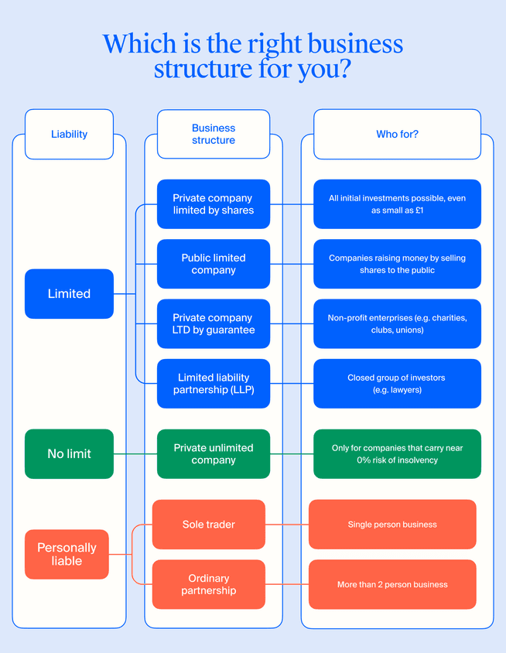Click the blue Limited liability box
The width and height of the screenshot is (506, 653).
[69, 294]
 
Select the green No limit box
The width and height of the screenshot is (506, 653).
[69, 454]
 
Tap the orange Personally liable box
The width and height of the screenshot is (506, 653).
[67, 554]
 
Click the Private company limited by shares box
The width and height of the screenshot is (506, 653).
[214, 204]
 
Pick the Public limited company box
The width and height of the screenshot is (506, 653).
[214, 264]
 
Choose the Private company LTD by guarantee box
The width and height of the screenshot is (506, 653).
[214, 323]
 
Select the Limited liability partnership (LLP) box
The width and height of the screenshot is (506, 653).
[214, 384]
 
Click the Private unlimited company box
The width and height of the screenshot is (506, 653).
[214, 454]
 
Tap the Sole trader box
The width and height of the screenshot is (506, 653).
[209, 525]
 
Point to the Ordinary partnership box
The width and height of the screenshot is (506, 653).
[209, 584]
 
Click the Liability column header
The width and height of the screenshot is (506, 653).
[69, 134]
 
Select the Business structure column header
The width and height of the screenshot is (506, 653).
[214, 134]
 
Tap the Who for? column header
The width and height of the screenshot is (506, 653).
[397, 134]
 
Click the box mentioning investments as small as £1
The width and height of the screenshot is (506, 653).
[397, 204]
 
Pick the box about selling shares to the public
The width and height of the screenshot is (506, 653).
[397, 264]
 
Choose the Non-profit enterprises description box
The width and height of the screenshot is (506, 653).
[397, 323]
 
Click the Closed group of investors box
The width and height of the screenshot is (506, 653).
[397, 384]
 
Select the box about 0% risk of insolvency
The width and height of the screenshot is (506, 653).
[397, 454]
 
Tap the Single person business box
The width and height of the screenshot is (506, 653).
[392, 525]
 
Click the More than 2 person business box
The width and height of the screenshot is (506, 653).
[392, 584]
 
